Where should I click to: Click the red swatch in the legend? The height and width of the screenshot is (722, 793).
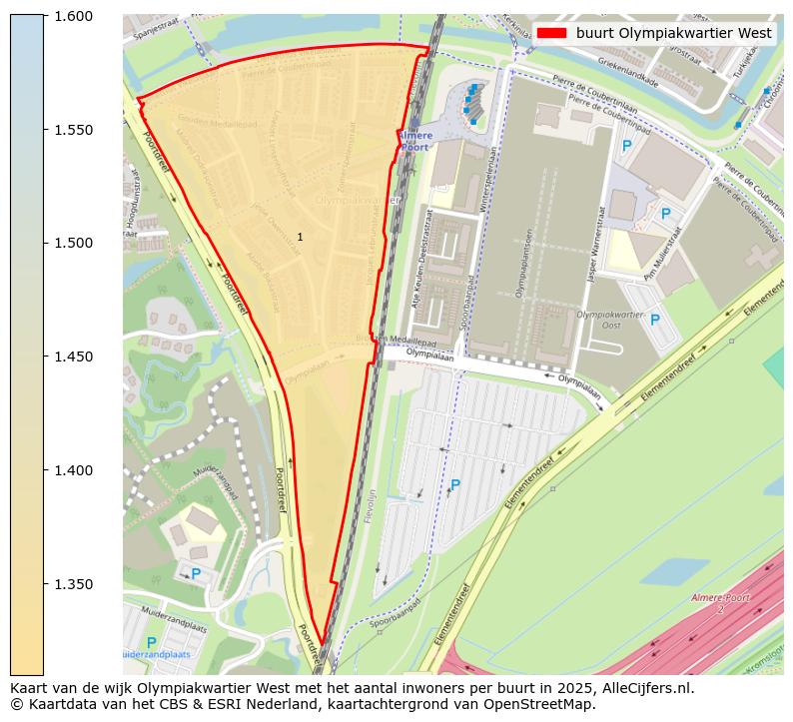(551, 33)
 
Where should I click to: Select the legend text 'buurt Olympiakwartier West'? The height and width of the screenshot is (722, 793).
(673, 33)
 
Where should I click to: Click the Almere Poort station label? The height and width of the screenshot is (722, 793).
(413, 140)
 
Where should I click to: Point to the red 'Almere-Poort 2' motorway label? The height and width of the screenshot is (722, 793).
(719, 602)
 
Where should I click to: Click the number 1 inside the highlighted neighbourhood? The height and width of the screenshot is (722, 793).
(300, 237)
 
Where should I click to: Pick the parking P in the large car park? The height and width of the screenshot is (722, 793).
(455, 485)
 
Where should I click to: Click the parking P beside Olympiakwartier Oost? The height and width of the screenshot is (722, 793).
(655, 320)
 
